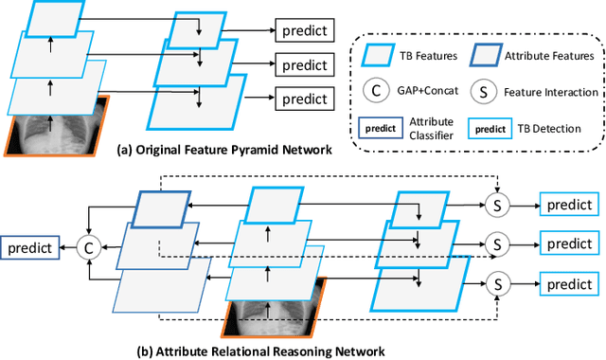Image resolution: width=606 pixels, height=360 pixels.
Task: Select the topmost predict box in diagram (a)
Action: (304, 32)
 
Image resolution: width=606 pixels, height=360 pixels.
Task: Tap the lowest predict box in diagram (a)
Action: (304, 98)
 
